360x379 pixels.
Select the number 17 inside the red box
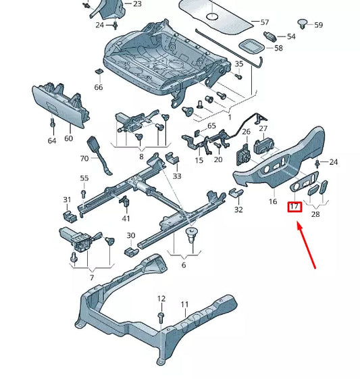coord(294,207)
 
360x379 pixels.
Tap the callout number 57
coord(264,22)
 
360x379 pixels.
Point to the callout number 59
coord(318,25)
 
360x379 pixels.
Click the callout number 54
coord(291,36)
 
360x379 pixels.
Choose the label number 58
coord(278,49)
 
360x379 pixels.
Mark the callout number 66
coord(99,87)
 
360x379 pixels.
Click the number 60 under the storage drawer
coord(68,138)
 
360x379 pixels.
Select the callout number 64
coord(52,141)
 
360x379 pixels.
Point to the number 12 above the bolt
coord(161,298)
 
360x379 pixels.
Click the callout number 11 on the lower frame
coord(184,305)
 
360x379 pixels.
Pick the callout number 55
coord(84,178)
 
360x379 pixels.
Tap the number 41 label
coord(126,218)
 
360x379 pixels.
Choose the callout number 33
coord(177,176)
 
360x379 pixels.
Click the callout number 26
coord(246,132)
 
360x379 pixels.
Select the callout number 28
coord(315,214)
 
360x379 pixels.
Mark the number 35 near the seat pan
coord(238,64)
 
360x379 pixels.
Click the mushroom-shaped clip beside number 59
coord(303,24)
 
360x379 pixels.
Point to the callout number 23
coord(137,4)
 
